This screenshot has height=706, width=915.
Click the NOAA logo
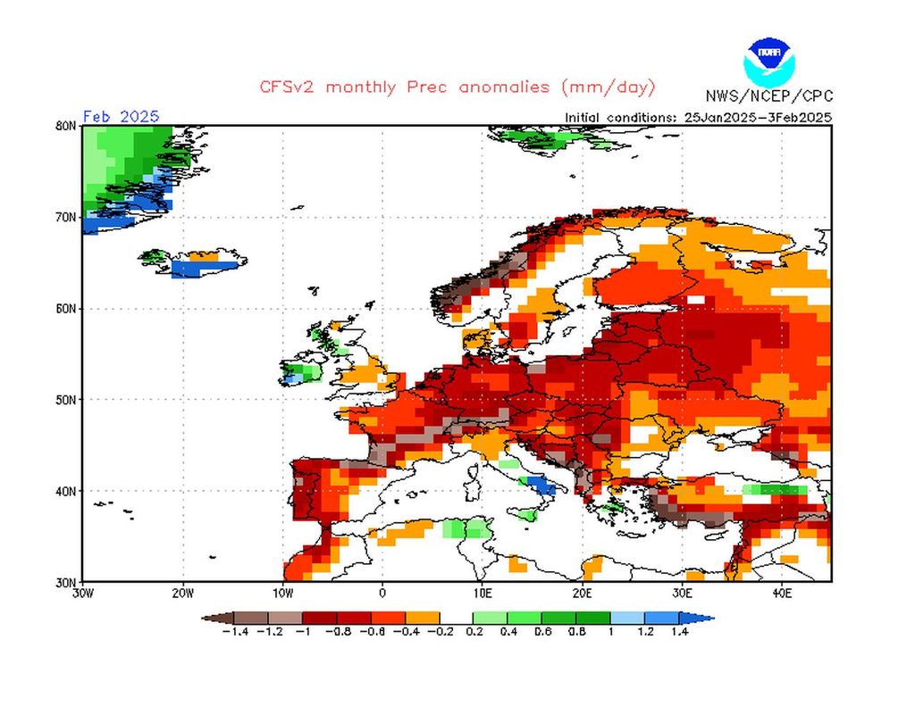click(x=768, y=60)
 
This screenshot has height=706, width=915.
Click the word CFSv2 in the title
click(x=289, y=87)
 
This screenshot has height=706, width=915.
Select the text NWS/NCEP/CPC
click(x=768, y=96)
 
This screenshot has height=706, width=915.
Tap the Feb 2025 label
click(x=121, y=116)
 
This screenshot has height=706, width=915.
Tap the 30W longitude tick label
click(x=82, y=593)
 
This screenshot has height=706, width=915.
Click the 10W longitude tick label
click(x=282, y=593)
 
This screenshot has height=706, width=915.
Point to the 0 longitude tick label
click(x=382, y=593)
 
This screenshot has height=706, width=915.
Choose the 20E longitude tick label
click(x=582, y=593)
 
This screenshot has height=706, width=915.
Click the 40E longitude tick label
click(x=782, y=593)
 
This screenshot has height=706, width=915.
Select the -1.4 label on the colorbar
click(x=234, y=632)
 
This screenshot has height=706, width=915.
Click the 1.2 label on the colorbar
click(x=645, y=632)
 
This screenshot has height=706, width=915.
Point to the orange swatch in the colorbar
click(x=423, y=617)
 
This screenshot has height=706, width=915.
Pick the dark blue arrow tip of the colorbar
click(x=705, y=617)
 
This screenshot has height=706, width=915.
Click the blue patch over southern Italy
click(x=541, y=486)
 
